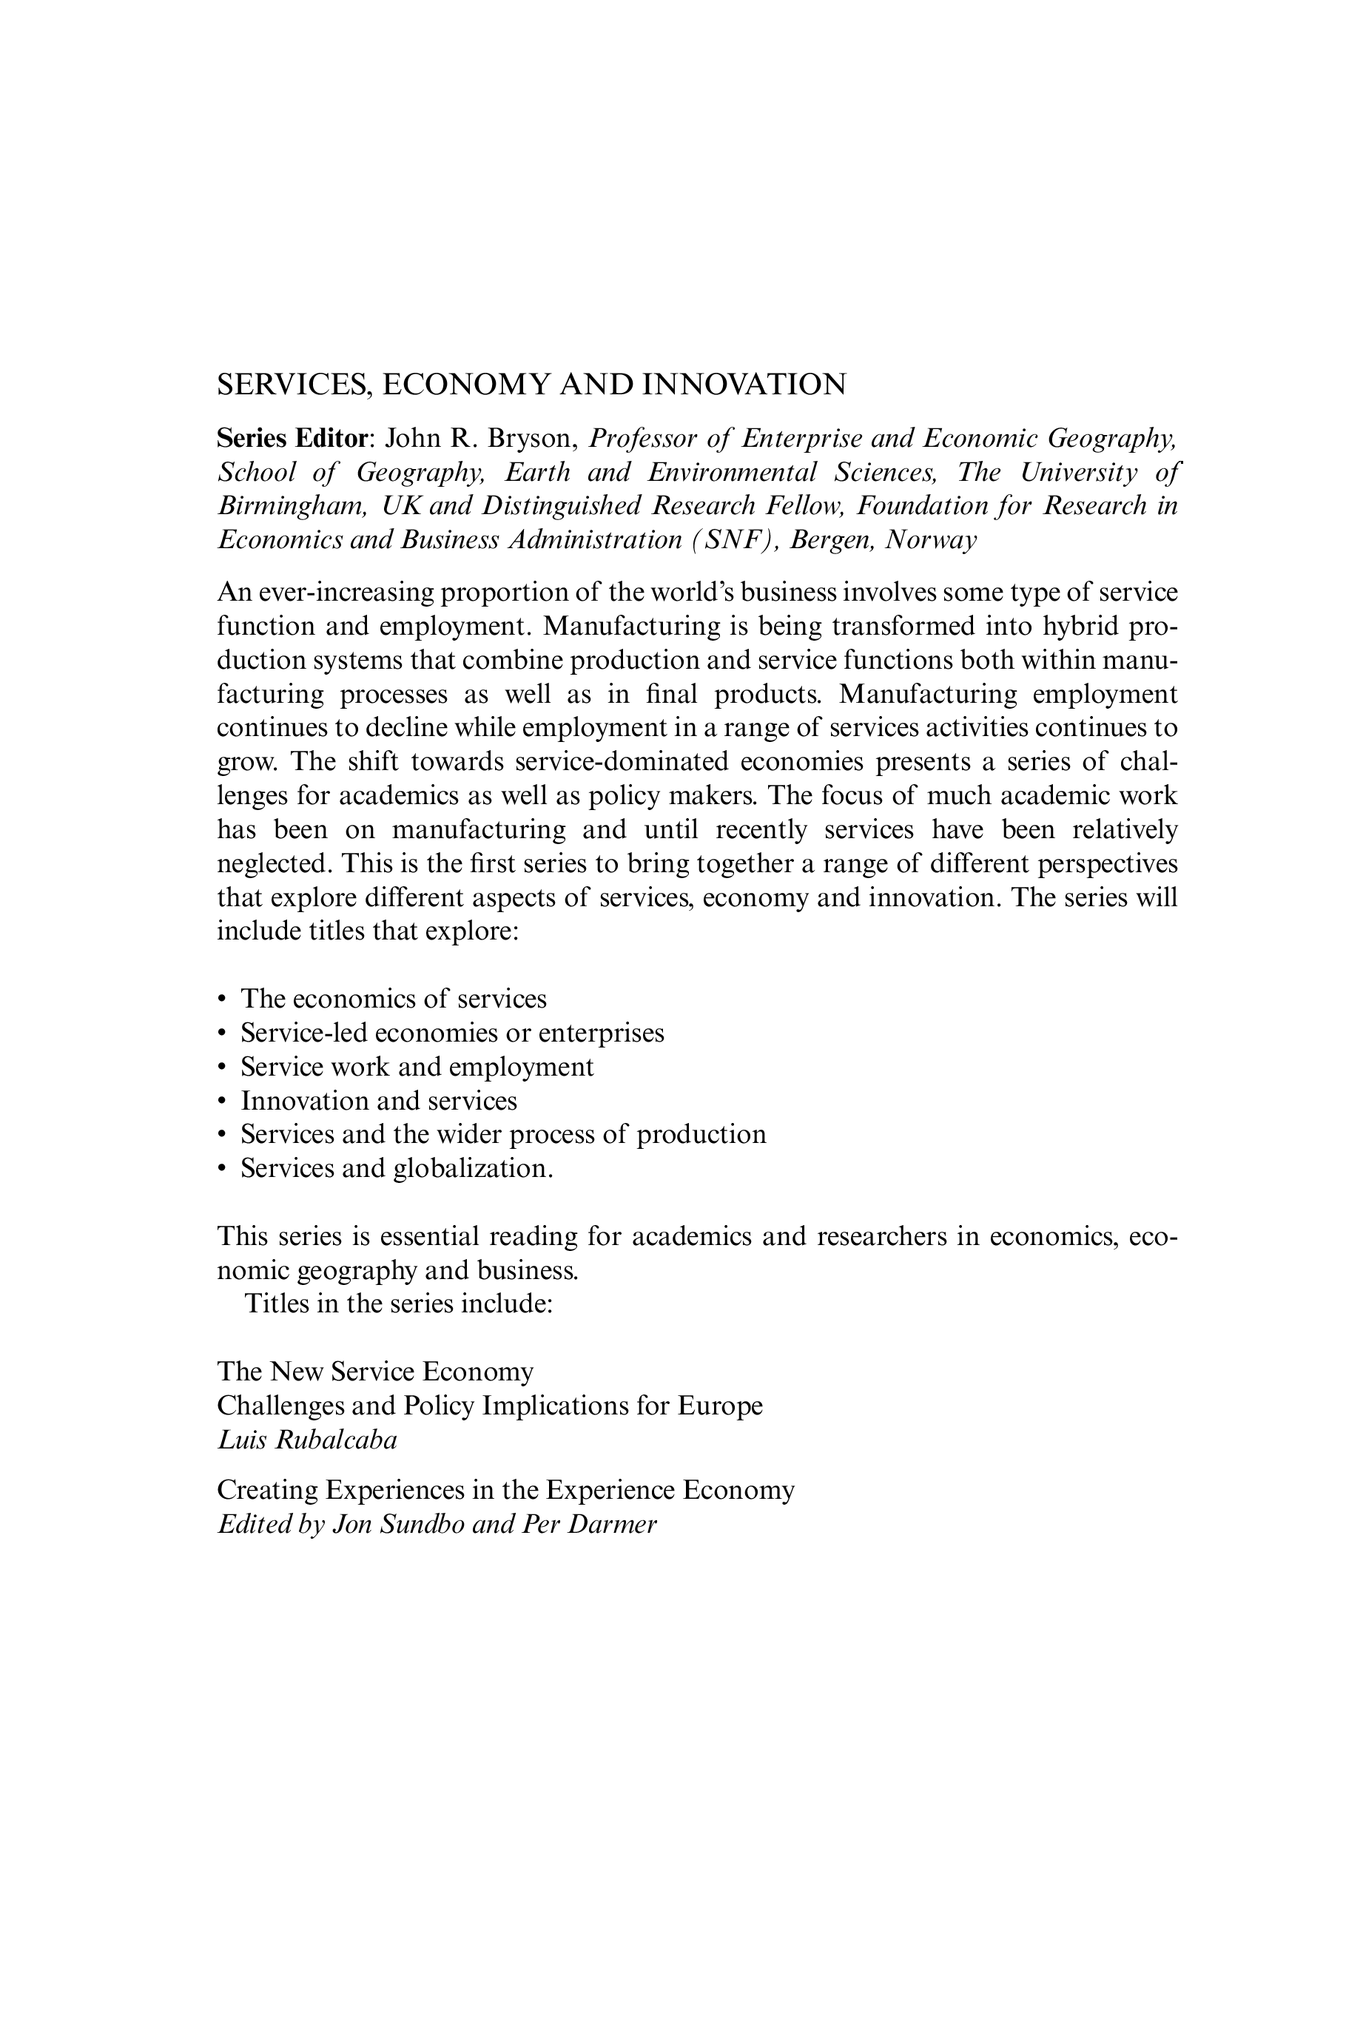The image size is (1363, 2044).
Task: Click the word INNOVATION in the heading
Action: [x=743, y=384]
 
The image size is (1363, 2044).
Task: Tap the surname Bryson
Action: [x=532, y=438]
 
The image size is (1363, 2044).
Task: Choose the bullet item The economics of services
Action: [x=394, y=999]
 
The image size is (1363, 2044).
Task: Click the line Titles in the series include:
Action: [x=399, y=1304]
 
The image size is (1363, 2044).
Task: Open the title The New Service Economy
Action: [x=375, y=1372]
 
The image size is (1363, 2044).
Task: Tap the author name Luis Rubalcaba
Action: [x=307, y=1440]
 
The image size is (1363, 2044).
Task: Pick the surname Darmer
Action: [x=613, y=1525]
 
